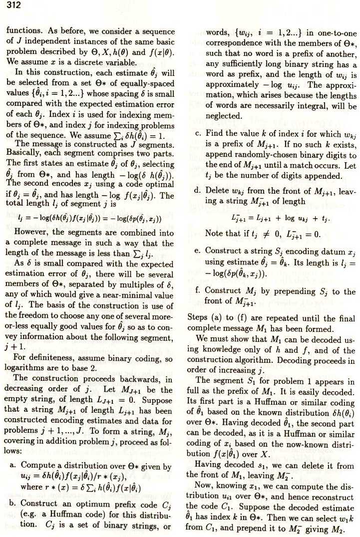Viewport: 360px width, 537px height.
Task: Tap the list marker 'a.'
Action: click(x=13, y=466)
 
